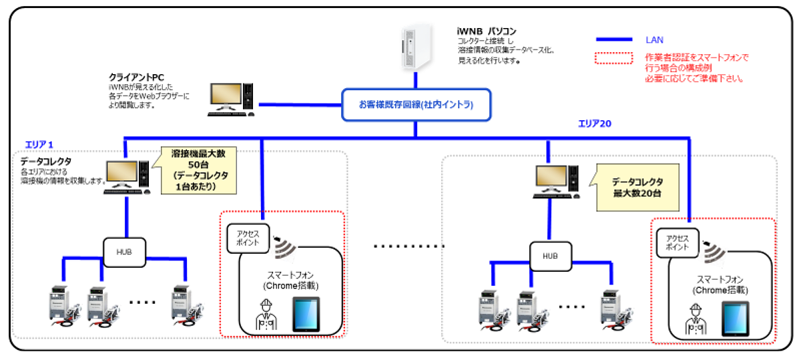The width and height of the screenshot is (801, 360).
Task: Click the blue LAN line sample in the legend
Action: point(621,40)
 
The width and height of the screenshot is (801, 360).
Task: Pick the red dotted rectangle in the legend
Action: point(613,59)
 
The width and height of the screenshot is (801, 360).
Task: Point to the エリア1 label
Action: point(39,144)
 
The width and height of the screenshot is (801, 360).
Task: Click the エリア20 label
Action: point(595,124)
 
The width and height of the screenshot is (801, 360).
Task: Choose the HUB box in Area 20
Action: point(549,256)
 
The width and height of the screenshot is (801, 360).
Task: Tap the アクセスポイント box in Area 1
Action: point(247,236)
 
